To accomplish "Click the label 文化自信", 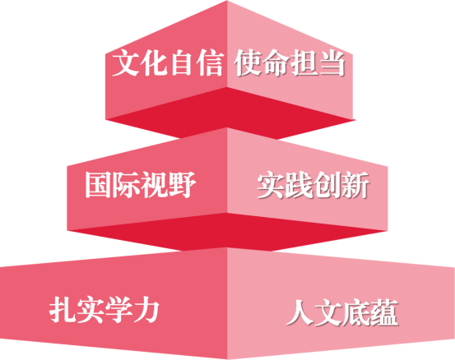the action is pos(168,62).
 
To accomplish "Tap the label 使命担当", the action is pos(290,62).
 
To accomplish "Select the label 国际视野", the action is pos(140,185).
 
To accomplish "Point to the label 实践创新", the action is pos(313,185).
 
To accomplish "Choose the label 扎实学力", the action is pos(104,310).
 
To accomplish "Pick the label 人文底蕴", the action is pos(342,312).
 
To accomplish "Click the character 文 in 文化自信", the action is pos(126,62).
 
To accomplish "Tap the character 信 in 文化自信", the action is pos(210,62).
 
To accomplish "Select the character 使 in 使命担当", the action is pos(248,62).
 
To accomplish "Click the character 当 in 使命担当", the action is pos(332,62).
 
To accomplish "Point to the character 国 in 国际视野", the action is pos(98,185).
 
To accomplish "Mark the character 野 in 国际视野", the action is pos(183,185).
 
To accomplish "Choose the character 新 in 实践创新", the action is pos(355,185).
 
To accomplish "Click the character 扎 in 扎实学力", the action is pos(63,310).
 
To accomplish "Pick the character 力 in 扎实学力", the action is pos(146,310).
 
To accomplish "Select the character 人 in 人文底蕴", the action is pos(299,312).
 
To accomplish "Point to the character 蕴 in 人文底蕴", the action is pos(385,312).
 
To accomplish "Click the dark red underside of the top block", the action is pos(230,113).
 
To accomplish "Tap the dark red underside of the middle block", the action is pos(227,232).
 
